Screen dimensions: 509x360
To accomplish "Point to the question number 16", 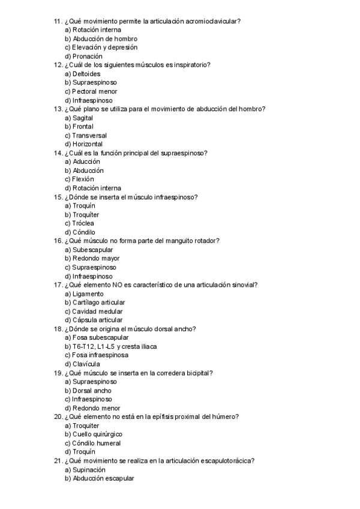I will (x=58, y=241).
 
